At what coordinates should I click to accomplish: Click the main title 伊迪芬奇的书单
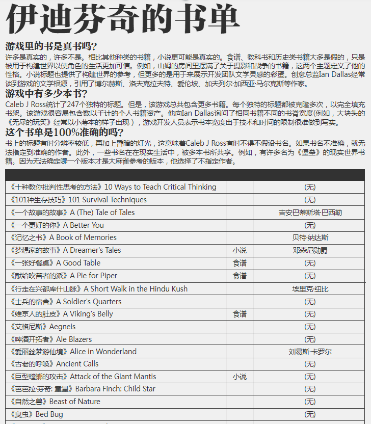tap(122, 19)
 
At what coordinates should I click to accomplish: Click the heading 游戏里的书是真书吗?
tap(51, 46)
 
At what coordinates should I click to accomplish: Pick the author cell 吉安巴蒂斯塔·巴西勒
tap(310, 213)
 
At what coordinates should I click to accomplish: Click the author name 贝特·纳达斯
tap(310, 237)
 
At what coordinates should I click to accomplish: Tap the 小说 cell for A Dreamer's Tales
tap(240, 250)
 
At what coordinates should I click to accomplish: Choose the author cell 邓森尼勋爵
tap(310, 250)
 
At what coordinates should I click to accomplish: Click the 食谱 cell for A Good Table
tap(240, 263)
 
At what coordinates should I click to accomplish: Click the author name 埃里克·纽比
tap(310, 289)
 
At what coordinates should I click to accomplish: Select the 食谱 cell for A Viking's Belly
tap(240, 314)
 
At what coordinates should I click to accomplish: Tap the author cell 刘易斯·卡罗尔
tap(310, 352)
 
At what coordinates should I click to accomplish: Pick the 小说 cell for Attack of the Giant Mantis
tap(240, 377)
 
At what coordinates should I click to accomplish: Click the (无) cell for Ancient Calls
tap(310, 364)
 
